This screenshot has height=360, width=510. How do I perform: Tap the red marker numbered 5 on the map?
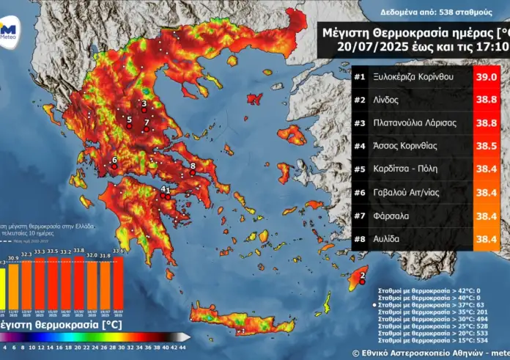coord(130,126)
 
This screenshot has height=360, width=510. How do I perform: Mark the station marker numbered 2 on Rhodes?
coord(361,282)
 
